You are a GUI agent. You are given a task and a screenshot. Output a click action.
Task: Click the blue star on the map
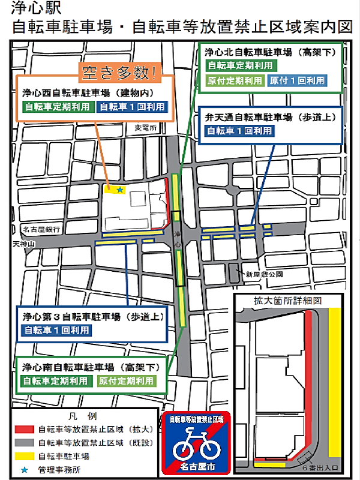(x=120, y=190)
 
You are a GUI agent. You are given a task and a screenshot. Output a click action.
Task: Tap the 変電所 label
(x=145, y=128)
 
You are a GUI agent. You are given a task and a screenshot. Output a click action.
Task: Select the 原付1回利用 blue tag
(x=297, y=80)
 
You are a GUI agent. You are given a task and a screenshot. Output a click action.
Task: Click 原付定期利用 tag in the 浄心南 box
(x=126, y=381)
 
